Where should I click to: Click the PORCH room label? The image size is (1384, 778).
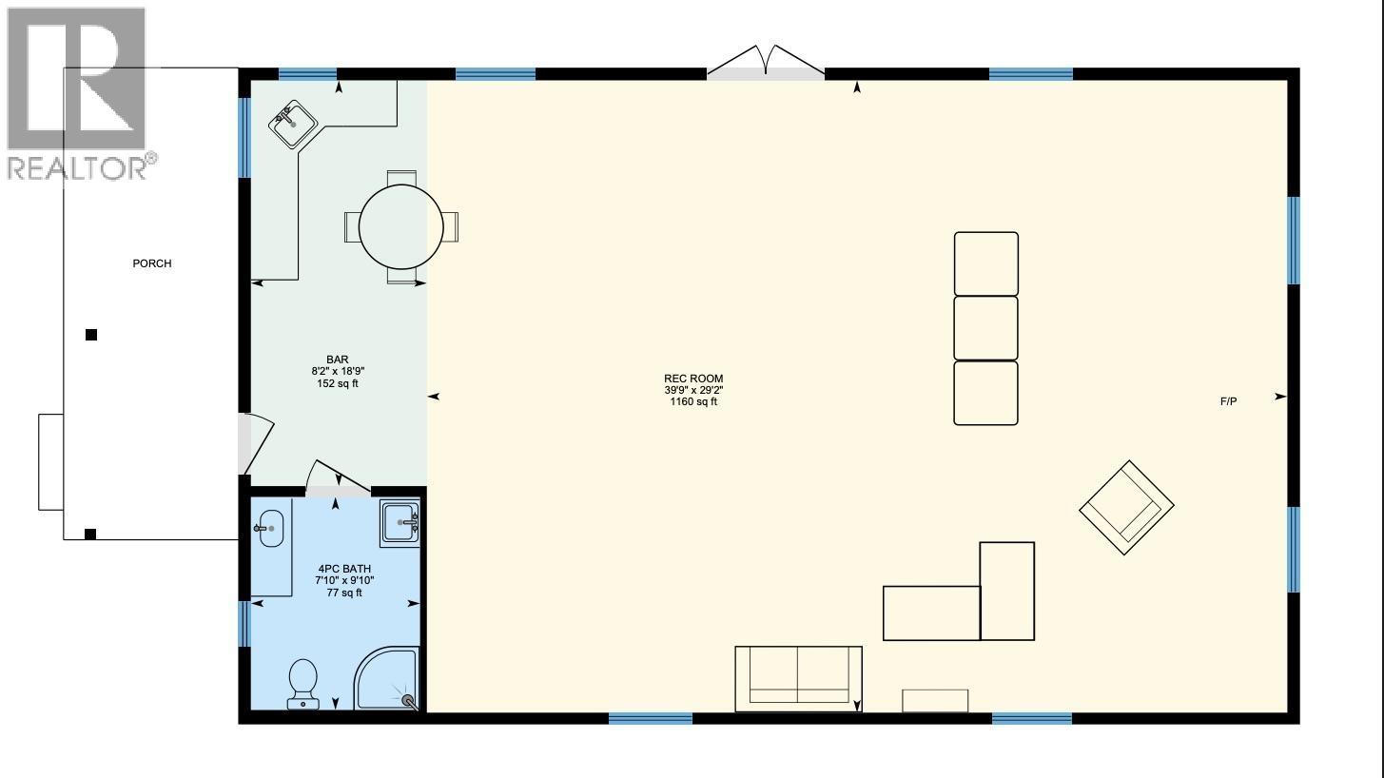[x=152, y=263]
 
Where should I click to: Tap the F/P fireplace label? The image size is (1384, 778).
[x=1228, y=401]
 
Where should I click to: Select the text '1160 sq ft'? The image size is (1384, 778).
[x=693, y=402]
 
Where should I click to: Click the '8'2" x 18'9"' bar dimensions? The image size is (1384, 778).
[x=338, y=371]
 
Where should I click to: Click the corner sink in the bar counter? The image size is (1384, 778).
[x=292, y=125]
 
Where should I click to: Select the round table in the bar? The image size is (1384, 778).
[x=400, y=227]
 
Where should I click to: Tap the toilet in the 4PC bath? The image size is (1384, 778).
[x=303, y=684]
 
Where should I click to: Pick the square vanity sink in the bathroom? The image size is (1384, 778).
[x=400, y=523]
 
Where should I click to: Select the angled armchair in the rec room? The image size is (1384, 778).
[x=1126, y=508]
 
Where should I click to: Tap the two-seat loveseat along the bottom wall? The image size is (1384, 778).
[x=798, y=678]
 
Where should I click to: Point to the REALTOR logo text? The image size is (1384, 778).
[x=79, y=167]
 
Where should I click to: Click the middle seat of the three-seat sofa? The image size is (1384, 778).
[x=986, y=328]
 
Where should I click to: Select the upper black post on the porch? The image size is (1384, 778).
[x=91, y=335]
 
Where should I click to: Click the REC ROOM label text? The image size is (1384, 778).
[x=693, y=379]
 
